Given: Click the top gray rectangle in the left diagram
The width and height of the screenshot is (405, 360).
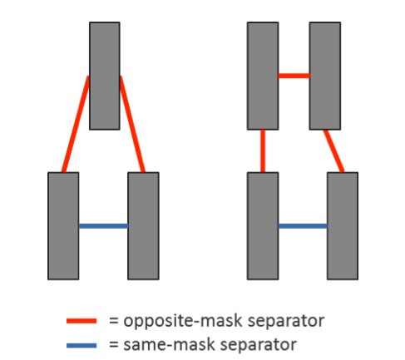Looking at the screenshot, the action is coord(105,76).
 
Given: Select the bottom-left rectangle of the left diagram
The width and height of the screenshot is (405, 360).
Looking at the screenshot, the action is coord(63,226).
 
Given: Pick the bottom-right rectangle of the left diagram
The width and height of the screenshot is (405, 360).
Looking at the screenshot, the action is coord(143,226).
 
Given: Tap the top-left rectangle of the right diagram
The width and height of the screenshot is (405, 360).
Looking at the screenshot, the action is coord(263,76).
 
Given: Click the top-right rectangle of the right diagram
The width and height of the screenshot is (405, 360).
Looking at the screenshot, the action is coord(325,76).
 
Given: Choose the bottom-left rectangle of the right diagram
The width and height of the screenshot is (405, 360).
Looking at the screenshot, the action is coord(263,226).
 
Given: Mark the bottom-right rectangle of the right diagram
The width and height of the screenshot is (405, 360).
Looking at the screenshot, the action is coord(343,226).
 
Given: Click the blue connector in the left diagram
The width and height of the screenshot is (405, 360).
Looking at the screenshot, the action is coord(103,226).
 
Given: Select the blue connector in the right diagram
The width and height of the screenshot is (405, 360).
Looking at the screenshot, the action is coord(303,226).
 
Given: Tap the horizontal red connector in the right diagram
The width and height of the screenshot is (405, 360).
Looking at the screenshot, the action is coord(294,76).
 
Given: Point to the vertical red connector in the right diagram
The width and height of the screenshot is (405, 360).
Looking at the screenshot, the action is coord(263,151).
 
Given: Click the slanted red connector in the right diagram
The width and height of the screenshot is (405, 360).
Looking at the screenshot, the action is coord(333,151).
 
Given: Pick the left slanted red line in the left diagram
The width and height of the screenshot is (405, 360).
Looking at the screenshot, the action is coord(76,124).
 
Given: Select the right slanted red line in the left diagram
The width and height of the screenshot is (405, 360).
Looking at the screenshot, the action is coord(132,124).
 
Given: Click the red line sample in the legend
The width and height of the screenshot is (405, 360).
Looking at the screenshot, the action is coord(81,321).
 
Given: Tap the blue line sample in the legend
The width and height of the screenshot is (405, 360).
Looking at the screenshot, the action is coord(81,345).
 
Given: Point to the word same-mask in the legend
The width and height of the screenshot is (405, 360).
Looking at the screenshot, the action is coord(169,345).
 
